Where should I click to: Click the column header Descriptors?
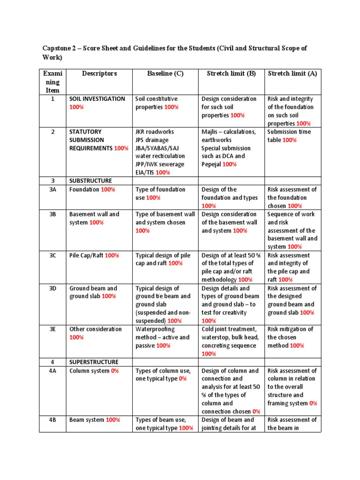pyautogui.click(x=99, y=74)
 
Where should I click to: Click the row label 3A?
pyautogui.click(x=52, y=190)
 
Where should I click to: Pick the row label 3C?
pyautogui.click(x=52, y=255)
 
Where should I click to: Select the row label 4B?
pyautogui.click(x=52, y=420)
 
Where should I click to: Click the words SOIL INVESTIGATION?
pyautogui.click(x=97, y=99)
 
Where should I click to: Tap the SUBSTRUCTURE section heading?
pyautogui.click(x=90, y=181)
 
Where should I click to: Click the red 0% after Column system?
pyautogui.click(x=115, y=371)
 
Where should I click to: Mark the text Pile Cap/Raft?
pyautogui.click(x=86, y=255)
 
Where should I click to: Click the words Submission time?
pyautogui.click(x=288, y=132)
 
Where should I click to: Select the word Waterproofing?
pyautogui.click(x=155, y=329)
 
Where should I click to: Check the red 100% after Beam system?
pyautogui.click(x=113, y=420)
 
